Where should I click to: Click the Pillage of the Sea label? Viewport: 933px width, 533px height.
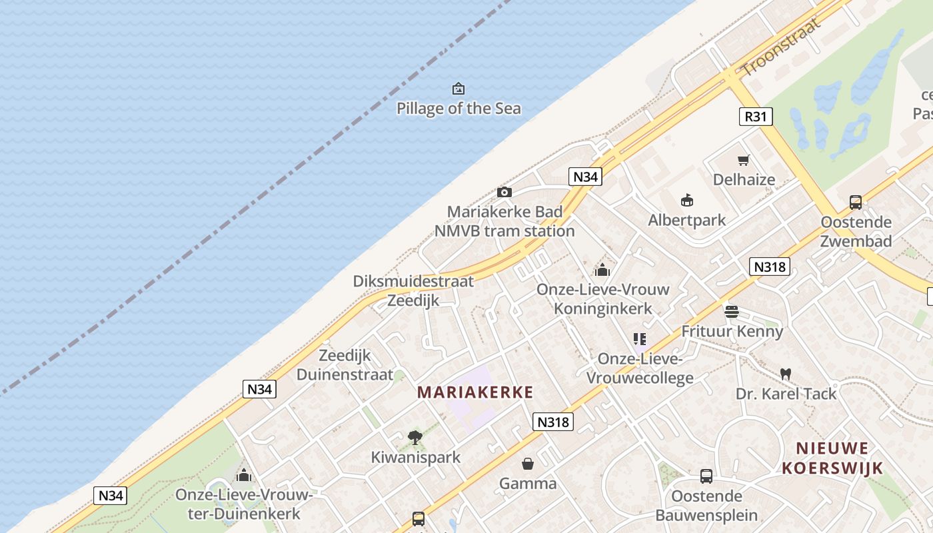459,108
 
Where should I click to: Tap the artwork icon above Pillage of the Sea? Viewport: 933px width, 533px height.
459,89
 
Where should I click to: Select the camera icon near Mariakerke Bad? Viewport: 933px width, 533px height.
504,193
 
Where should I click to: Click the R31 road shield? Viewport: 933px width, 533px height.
756,117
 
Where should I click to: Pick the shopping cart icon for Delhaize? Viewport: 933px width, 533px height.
744,160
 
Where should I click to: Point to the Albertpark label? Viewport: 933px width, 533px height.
687,220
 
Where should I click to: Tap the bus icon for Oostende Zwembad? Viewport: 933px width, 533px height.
856,203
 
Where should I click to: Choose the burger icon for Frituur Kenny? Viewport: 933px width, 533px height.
732,311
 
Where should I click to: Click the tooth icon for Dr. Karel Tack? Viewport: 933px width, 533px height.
786,374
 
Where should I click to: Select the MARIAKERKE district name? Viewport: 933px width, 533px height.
475,392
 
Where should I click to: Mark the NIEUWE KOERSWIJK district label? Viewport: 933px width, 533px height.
832,458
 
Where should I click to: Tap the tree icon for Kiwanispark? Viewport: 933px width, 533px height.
415,438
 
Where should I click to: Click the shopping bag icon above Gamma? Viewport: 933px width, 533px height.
528,464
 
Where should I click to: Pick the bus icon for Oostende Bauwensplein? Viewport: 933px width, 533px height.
706,476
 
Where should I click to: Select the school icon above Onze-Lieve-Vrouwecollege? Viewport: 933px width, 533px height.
640,339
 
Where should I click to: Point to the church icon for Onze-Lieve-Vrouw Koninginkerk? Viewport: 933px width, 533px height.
602,270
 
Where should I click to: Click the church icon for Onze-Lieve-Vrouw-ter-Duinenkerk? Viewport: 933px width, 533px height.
244,475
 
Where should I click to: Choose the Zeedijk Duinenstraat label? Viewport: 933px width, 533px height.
345,364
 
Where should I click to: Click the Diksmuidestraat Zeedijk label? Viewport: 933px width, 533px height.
413,290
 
